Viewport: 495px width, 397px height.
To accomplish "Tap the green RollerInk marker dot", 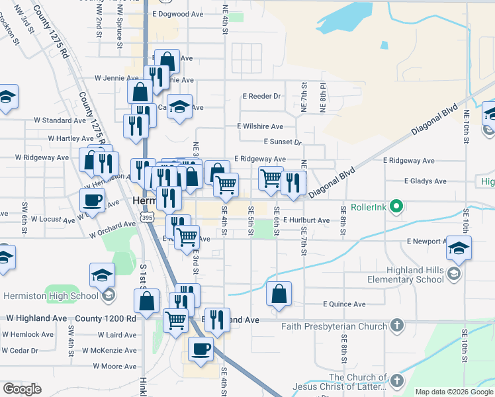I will [x=396, y=206].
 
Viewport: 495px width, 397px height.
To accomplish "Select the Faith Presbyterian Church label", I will [x=334, y=326].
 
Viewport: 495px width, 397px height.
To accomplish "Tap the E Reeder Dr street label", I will [x=261, y=96].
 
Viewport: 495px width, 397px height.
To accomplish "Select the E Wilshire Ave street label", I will [x=260, y=126].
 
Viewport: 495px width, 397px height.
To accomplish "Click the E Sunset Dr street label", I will [x=283, y=142].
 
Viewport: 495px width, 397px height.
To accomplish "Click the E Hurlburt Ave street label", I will [x=306, y=220].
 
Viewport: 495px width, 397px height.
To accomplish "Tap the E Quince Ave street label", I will [x=344, y=304].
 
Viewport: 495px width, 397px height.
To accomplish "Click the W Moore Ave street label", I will [x=114, y=366].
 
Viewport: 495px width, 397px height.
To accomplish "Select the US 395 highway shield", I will [x=147, y=216].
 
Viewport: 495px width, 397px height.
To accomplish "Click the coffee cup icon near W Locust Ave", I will [x=93, y=199].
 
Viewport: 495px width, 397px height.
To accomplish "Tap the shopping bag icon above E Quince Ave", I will [x=279, y=293].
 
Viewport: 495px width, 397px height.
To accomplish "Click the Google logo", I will [x=22, y=389].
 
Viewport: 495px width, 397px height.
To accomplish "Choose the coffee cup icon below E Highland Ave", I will [x=200, y=348].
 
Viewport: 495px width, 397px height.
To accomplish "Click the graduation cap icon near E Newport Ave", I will [x=458, y=247].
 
